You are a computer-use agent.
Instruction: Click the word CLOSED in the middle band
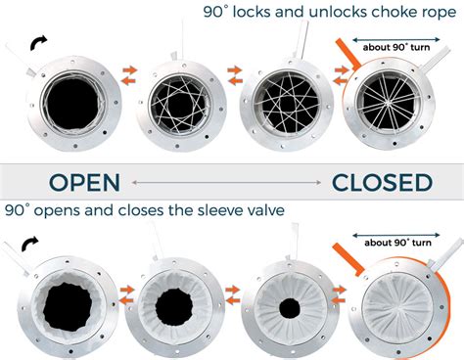[x=381, y=183]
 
